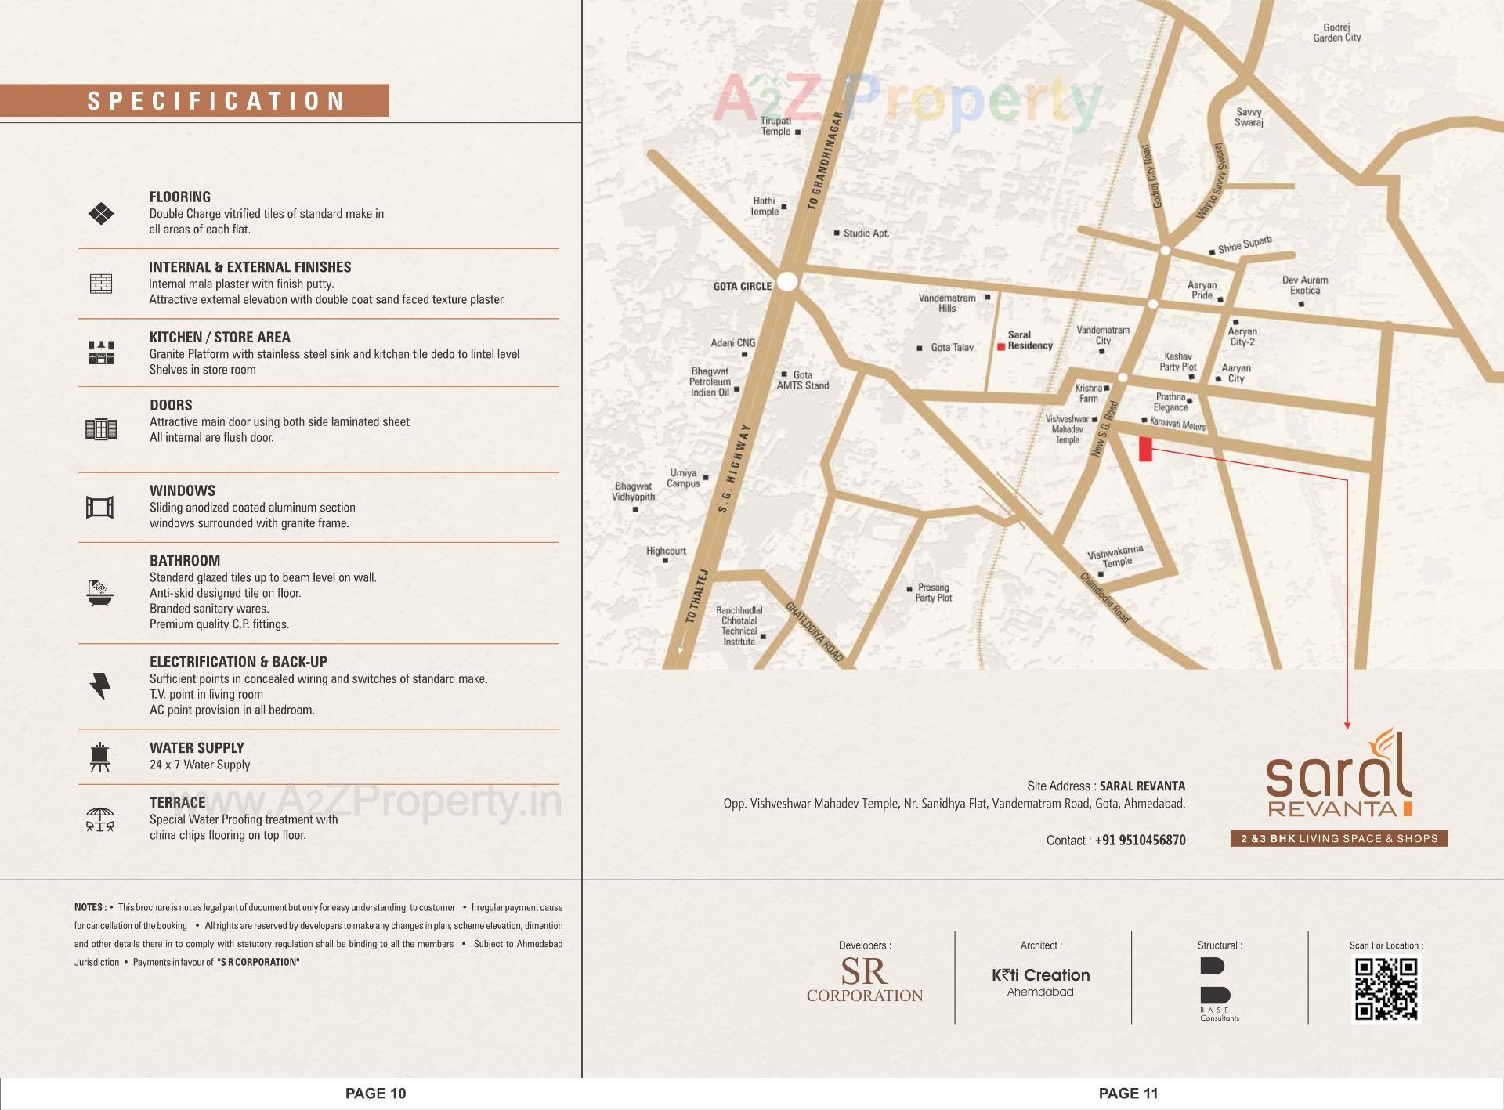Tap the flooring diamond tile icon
click(101, 213)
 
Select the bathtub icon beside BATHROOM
click(100, 593)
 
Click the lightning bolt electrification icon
click(100, 685)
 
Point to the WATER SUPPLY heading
click(197, 747)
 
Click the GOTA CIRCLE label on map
click(742, 286)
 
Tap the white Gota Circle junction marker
click(787, 281)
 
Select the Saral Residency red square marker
click(1000, 346)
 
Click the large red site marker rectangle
click(1145, 449)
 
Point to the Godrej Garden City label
click(1336, 32)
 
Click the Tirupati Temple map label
click(775, 126)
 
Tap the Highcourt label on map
click(666, 551)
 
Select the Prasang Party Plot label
click(933, 592)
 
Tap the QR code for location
click(1386, 989)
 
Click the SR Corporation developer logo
click(864, 980)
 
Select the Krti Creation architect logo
click(1040, 980)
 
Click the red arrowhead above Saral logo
click(1347, 725)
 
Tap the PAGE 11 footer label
click(1128, 1093)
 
